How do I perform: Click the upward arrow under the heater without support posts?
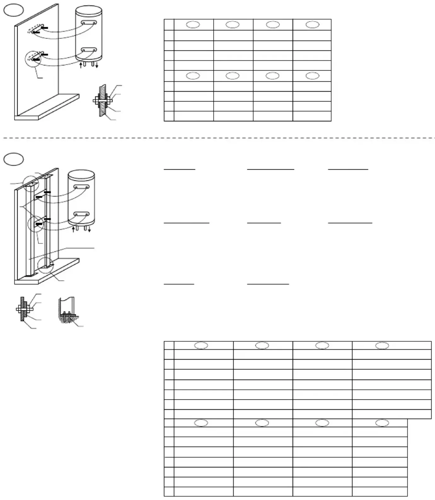pyautogui.click(x=81, y=65)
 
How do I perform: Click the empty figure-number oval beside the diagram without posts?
pyautogui.click(x=14, y=10)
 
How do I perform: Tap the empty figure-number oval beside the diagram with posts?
pyautogui.click(x=14, y=159)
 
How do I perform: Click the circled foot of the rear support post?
pyautogui.click(x=45, y=266)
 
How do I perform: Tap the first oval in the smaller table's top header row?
pyautogui.click(x=193, y=25)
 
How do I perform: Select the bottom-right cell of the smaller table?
pyautogui.click(x=312, y=116)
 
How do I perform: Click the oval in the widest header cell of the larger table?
pyautogui.click(x=382, y=346)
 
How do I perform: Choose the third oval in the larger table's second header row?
pyautogui.click(x=322, y=423)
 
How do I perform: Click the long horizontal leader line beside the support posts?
pyautogui.click(x=79, y=248)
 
